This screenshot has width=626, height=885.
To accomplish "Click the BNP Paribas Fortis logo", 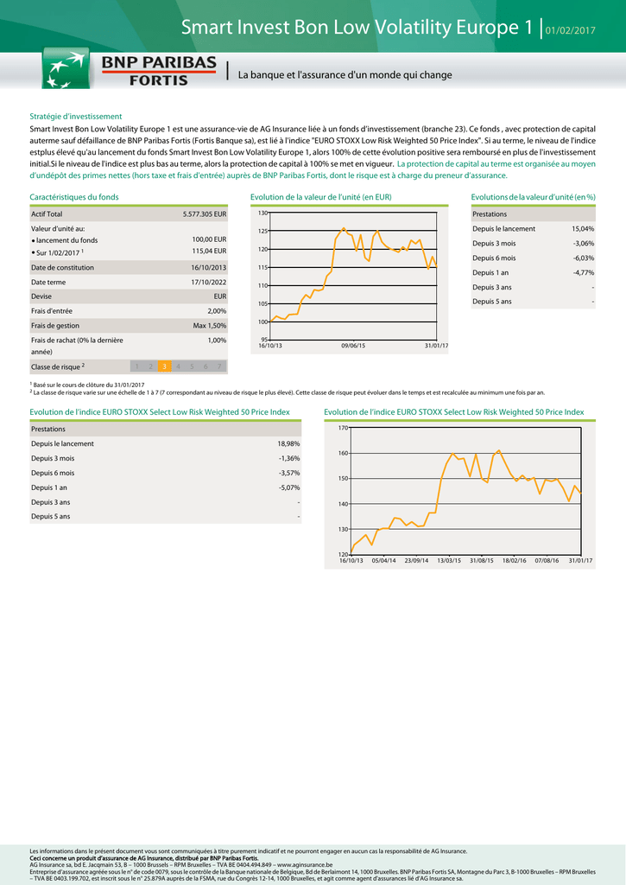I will coord(130,69).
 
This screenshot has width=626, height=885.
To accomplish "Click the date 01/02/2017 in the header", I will coord(571,32).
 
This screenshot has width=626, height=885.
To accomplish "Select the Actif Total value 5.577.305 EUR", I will coord(205,213).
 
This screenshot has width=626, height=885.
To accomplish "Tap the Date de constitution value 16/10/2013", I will coord(209,267).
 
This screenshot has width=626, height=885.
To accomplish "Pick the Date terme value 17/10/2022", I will coord(209,282).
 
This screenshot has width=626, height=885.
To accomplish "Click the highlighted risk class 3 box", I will coord(164,366).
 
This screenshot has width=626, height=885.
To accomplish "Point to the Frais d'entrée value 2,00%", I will coord(217,310).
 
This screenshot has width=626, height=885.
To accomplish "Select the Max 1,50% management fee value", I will coord(210,326).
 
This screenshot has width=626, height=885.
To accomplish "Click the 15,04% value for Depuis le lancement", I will coord(583,229).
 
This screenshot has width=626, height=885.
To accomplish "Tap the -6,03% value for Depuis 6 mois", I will coord(584,258).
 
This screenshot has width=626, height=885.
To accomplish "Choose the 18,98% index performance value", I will coord(288,443).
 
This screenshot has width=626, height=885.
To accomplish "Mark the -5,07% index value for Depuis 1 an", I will coord(289,487).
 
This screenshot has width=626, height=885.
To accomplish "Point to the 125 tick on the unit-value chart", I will coord(262,231).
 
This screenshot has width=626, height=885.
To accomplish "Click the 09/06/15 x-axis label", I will coord(353,346).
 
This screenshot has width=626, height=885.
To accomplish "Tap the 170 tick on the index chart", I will coord(343,428).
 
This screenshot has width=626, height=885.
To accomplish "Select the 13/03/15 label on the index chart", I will coord(450,561).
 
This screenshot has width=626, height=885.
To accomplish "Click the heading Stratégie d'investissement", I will coord(76,116).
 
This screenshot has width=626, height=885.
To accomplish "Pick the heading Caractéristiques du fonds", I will coord(74,197).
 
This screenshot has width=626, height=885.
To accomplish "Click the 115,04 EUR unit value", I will coord(209,251).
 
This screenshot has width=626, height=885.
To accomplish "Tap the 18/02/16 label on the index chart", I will coord(515,561).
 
